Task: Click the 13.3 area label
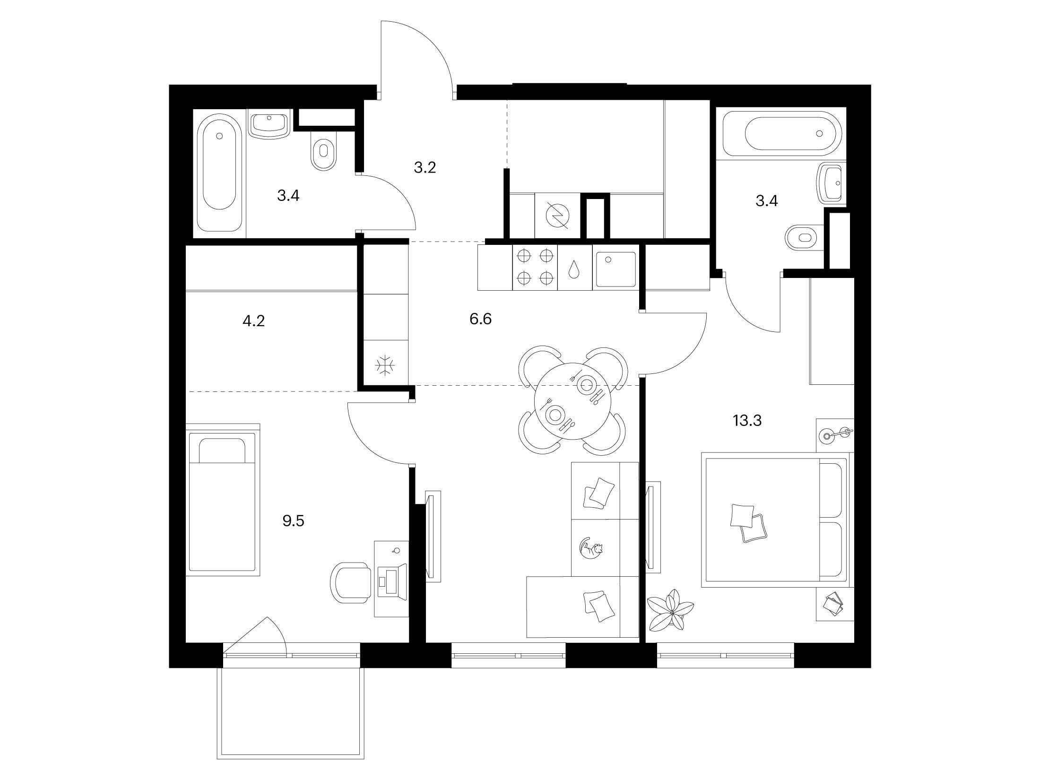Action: [x=747, y=420]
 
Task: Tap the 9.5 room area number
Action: [x=293, y=521]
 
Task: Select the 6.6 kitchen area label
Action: [x=480, y=320]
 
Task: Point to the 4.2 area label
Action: [x=253, y=321]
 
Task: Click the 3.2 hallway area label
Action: [x=425, y=167]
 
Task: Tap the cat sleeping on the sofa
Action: [x=591, y=549]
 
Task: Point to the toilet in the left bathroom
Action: [x=324, y=150]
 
